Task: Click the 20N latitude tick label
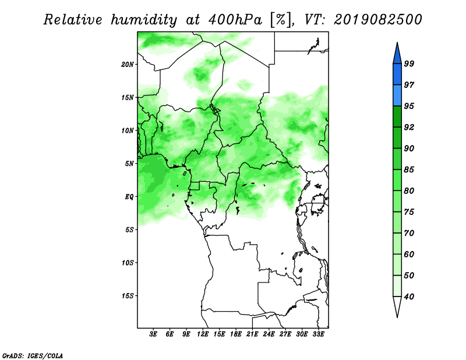tap(128, 64)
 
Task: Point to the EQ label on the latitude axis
tap(129, 197)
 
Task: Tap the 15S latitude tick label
tap(128, 296)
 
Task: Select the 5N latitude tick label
tap(129, 164)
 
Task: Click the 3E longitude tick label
tap(153, 334)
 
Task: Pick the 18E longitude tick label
tap(236, 334)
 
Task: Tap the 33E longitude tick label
tap(318, 334)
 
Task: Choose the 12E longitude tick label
tap(203, 334)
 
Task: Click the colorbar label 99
tap(409, 63)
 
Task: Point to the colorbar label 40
tap(409, 297)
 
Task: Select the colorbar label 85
tap(409, 170)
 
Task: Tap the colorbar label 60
tap(409, 254)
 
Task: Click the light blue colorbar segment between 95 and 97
tap(397, 96)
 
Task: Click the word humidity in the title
tap(144, 20)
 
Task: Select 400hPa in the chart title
tap(235, 20)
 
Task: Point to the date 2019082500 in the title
tap(377, 20)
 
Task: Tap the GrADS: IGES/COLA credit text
tap(33, 355)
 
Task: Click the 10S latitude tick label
tap(128, 263)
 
